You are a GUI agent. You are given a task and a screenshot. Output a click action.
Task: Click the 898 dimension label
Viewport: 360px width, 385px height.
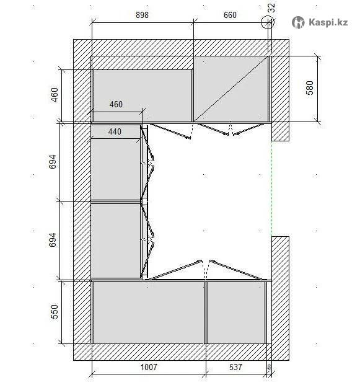tap(142, 15)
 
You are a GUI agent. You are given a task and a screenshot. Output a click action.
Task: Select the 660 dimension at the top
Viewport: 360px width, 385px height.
tap(230, 15)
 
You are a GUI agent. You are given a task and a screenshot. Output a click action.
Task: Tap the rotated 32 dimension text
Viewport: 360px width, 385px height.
tap(271, 8)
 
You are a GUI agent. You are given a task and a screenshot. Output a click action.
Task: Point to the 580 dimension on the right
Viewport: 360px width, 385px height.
tap(310, 87)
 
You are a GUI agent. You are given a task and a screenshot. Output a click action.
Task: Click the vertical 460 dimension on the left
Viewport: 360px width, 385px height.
tap(55, 95)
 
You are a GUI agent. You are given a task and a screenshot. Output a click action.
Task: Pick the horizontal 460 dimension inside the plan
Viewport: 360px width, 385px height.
tap(116, 104)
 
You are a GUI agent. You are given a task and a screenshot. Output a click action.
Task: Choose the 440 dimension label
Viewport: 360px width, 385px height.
tap(115, 131)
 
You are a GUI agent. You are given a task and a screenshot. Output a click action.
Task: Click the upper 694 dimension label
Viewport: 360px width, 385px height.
tap(53, 162)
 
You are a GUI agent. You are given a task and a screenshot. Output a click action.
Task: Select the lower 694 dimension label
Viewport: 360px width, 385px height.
tap(53, 240)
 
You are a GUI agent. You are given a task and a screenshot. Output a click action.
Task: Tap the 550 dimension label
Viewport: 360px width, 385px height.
tap(55, 312)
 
